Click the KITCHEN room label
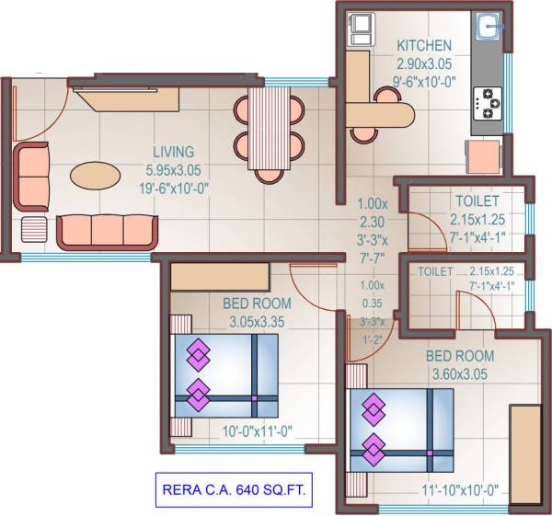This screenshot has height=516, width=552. coord(423,45)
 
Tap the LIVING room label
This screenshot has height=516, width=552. coord(173,152)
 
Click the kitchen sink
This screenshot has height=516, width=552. coord(488,27)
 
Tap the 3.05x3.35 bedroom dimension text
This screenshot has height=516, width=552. coord(257,322)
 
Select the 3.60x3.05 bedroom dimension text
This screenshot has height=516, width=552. coord(460,374)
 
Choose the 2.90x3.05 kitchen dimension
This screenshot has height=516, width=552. coord(423,63)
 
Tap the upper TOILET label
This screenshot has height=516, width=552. coord(476,201)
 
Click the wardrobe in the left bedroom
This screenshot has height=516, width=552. coord(218,275)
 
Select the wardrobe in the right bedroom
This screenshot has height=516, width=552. coord(525,445)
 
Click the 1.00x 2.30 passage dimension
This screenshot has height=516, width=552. coord(373,212)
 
